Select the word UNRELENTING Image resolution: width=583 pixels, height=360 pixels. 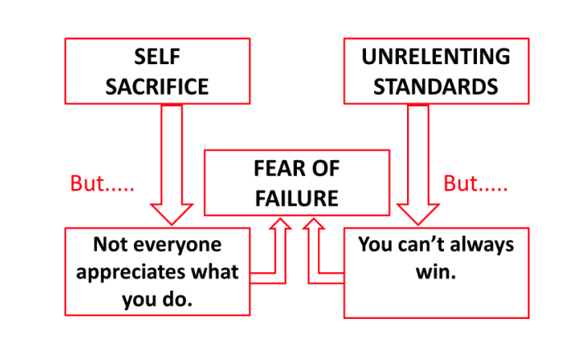(x=436, y=58)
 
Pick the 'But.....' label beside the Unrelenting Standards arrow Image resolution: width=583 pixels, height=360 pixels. (x=475, y=183)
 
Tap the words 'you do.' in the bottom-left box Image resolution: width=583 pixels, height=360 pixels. (x=157, y=299)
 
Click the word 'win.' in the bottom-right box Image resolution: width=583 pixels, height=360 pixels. (x=436, y=272)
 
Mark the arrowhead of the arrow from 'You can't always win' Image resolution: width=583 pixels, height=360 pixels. (x=313, y=225)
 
